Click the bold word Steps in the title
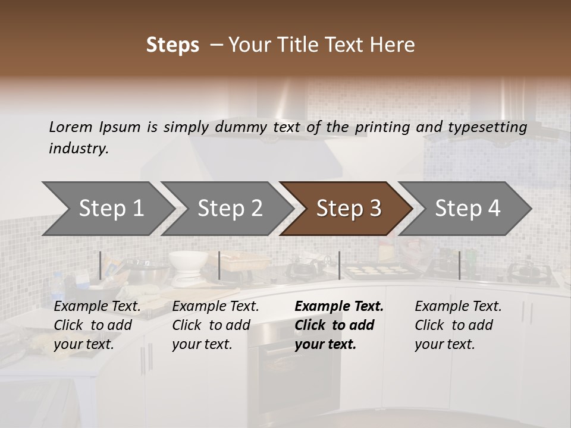click(x=172, y=45)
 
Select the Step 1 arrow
click(x=107, y=209)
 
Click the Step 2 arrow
click(x=227, y=209)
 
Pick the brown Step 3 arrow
click(x=346, y=209)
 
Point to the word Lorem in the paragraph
click(x=71, y=127)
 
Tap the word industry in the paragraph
click(x=79, y=149)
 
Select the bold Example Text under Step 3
click(x=339, y=307)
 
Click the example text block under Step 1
click(x=97, y=325)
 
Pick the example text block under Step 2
click(x=215, y=325)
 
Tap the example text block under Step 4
click(x=458, y=325)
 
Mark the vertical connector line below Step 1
click(x=101, y=265)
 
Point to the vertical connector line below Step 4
click(x=459, y=265)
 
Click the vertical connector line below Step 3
click(x=339, y=265)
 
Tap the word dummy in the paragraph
click(x=245, y=127)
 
